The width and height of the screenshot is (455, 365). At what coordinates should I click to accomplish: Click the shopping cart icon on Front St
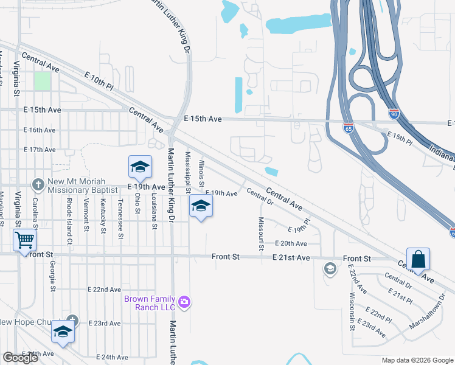click(24, 240)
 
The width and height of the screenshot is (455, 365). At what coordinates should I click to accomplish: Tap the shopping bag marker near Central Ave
click(419, 259)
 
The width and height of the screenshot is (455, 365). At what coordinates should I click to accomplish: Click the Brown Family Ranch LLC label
click(149, 303)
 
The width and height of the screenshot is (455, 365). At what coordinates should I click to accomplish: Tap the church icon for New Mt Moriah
click(38, 183)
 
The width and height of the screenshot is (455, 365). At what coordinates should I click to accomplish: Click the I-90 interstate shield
click(394, 113)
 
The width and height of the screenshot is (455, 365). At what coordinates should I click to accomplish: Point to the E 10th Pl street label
click(100, 81)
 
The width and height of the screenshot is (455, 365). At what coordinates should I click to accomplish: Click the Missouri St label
click(261, 234)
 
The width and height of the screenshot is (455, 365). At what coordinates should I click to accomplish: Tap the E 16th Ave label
click(40, 130)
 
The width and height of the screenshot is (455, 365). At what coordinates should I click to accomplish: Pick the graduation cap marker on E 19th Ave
click(140, 167)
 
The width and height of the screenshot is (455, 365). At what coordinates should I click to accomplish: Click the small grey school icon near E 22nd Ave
click(330, 269)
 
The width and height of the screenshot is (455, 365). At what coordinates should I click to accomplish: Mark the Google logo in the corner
click(20, 357)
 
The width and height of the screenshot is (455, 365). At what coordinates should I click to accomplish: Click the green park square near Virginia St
click(42, 81)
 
